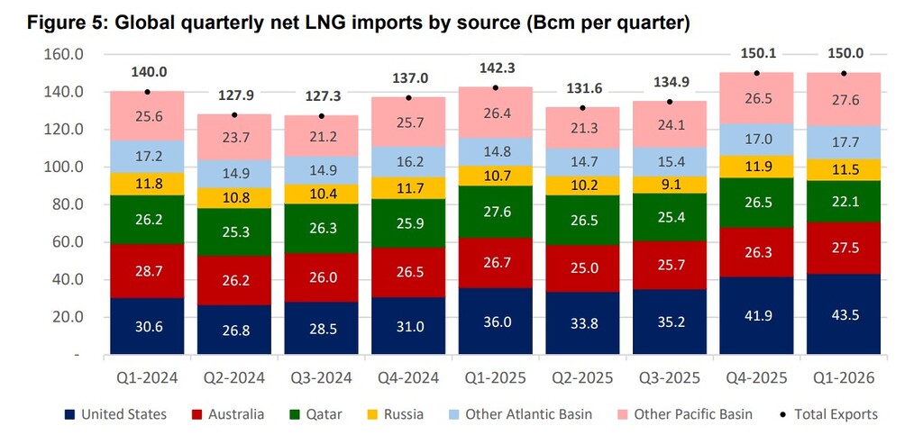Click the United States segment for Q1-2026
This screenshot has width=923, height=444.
[844, 314]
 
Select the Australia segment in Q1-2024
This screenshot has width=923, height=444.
[147, 270]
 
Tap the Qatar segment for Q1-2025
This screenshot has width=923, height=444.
[496, 212]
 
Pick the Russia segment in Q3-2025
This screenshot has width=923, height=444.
[670, 185]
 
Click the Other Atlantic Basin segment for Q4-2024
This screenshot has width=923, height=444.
[408, 162]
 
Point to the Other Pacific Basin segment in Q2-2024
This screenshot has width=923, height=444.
[234, 138]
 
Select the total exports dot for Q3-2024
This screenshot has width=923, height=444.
[322, 116]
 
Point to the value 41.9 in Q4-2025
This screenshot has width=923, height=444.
[757, 327]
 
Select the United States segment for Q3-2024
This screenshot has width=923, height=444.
[322, 329]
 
